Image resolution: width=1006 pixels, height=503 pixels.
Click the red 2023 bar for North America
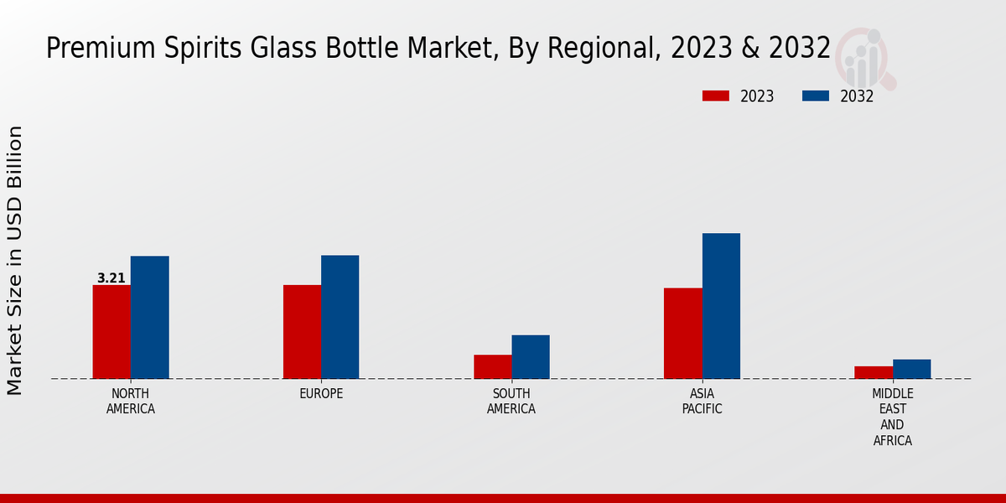pyautogui.click(x=111, y=332)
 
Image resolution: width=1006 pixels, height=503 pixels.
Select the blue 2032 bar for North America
pyautogui.click(x=150, y=317)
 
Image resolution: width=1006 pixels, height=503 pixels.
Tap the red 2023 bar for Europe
pyautogui.click(x=302, y=332)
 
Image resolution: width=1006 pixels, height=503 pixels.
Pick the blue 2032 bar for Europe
pyautogui.click(x=340, y=317)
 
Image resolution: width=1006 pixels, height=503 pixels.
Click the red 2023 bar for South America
pyautogui.click(x=492, y=366)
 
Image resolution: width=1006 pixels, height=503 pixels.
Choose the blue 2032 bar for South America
pyautogui.click(x=531, y=357)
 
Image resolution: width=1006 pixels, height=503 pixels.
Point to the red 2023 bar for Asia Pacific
pyautogui.click(x=682, y=334)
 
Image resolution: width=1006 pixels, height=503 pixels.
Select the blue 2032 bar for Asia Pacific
pyautogui.click(x=721, y=306)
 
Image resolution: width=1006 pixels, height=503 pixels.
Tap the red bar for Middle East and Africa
pyautogui.click(x=874, y=372)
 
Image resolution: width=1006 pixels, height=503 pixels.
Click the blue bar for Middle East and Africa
pyautogui.click(x=912, y=369)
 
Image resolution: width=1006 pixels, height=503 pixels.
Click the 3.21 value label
pyautogui.click(x=111, y=278)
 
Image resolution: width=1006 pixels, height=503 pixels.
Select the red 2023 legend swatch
pyautogui.click(x=716, y=96)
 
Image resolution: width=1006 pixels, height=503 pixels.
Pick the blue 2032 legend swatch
pyautogui.click(x=816, y=96)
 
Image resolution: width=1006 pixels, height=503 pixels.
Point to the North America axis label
pyautogui.click(x=131, y=402)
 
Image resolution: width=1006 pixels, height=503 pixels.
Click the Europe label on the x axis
pyautogui.click(x=321, y=394)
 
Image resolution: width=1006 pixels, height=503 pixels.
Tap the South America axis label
pyautogui.click(x=511, y=402)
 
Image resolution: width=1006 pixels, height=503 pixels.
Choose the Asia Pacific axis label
pyautogui.click(x=702, y=402)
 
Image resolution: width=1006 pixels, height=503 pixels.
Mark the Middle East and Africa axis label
pyautogui.click(x=893, y=417)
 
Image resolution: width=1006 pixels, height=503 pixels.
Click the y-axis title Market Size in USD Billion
pyautogui.click(x=15, y=260)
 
